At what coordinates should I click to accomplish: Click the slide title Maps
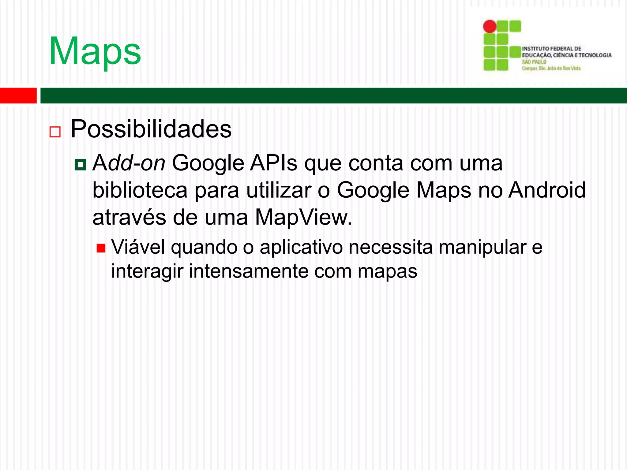click(x=95, y=51)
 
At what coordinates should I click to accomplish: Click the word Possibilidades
click(x=151, y=129)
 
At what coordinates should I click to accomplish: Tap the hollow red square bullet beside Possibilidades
click(x=55, y=132)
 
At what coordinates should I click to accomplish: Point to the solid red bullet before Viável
click(x=101, y=248)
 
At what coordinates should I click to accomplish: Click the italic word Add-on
click(x=129, y=163)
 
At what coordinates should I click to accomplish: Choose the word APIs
click(x=273, y=163)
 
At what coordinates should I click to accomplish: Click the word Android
click(x=547, y=190)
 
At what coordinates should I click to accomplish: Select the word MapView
click(x=303, y=218)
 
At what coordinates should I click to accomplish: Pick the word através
click(x=129, y=218)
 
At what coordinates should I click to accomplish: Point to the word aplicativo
click(x=301, y=247)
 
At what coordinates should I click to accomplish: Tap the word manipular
click(x=482, y=247)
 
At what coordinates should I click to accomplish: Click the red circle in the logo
click(x=490, y=26)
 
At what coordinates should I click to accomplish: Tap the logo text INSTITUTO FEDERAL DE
click(x=551, y=49)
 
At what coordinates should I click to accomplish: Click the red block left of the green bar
click(x=18, y=95)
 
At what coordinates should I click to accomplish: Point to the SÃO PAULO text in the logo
click(x=534, y=62)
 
